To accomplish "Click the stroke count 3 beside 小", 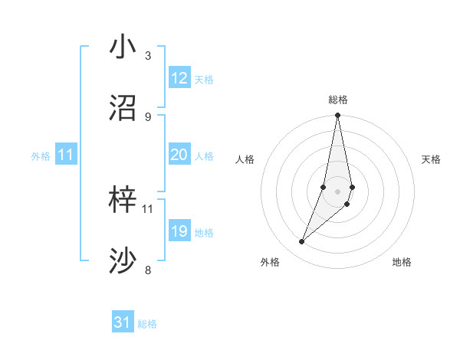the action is coord(148,55).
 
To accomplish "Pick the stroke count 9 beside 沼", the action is coord(148,116).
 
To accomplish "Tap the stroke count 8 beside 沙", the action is coord(148,270).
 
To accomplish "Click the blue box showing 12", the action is coord(179,78).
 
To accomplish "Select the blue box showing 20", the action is coord(179,155).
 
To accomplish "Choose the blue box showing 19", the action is coord(179,231).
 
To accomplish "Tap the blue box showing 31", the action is coord(123,322).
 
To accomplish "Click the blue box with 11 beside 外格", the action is coord(65,155).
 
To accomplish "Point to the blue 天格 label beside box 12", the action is coord(204,80).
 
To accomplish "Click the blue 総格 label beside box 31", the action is coord(147,324).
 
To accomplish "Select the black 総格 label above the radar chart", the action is coord(338,100).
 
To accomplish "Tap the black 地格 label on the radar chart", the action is coord(402,262).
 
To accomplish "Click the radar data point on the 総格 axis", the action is coord(337,116).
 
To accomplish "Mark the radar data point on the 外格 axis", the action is coord(302,242).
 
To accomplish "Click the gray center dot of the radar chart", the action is coord(337,191).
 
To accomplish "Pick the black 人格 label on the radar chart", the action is coord(245,159).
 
